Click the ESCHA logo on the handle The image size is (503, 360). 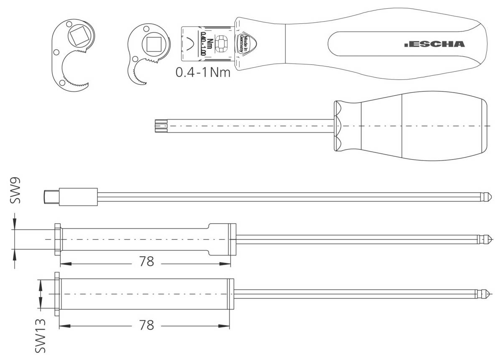coord(434,44)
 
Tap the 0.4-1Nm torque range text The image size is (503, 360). coord(203,72)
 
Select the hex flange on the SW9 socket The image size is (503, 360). coord(58,240)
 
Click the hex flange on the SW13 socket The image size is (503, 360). coord(57,294)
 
